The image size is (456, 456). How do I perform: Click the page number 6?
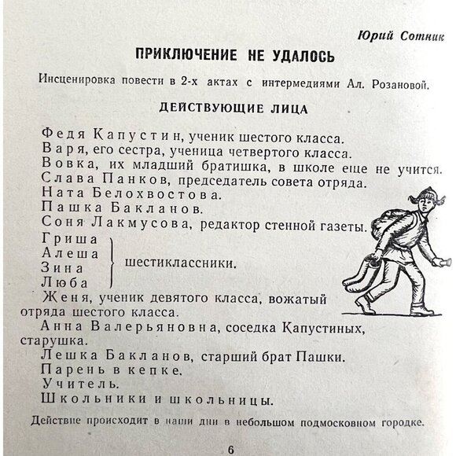[x=230, y=449]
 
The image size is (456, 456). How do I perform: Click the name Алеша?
[x=69, y=254]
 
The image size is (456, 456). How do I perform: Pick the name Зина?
[x=63, y=268]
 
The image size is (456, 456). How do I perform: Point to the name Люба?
[x=64, y=281]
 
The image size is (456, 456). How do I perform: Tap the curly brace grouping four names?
[x=110, y=261]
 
